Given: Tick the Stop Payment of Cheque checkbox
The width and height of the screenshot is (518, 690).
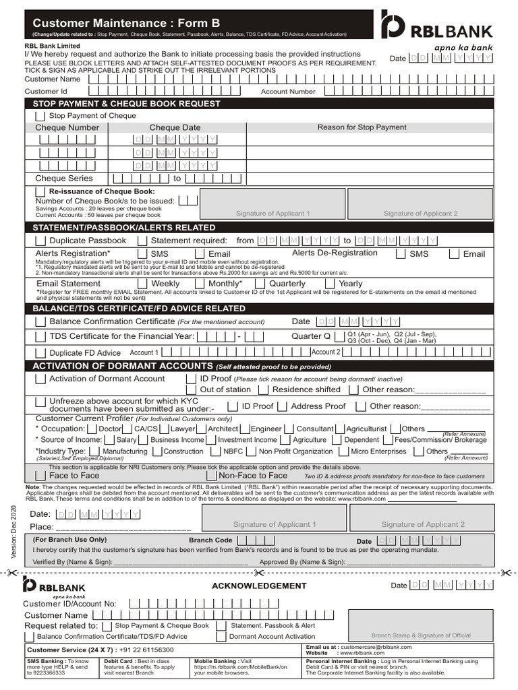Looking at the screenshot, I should [x=41, y=117].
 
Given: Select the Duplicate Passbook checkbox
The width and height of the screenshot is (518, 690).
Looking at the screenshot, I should [x=40, y=241].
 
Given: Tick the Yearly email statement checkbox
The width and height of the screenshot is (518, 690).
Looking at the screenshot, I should [x=330, y=284].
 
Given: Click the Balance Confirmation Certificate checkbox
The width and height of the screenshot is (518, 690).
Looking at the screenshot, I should [x=40, y=321].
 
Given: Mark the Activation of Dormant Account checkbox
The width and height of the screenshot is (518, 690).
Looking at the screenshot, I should [x=40, y=379].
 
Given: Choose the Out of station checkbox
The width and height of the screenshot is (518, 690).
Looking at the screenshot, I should [x=192, y=389].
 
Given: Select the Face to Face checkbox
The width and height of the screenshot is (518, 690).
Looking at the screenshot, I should [x=40, y=476].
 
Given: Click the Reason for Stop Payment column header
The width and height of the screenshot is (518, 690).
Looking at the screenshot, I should [x=362, y=127].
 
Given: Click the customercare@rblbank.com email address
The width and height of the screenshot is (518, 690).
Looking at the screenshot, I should [x=376, y=647].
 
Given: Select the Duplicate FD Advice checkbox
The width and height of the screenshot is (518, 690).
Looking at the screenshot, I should [x=40, y=352].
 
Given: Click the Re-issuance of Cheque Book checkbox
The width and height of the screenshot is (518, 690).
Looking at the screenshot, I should [x=40, y=192].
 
